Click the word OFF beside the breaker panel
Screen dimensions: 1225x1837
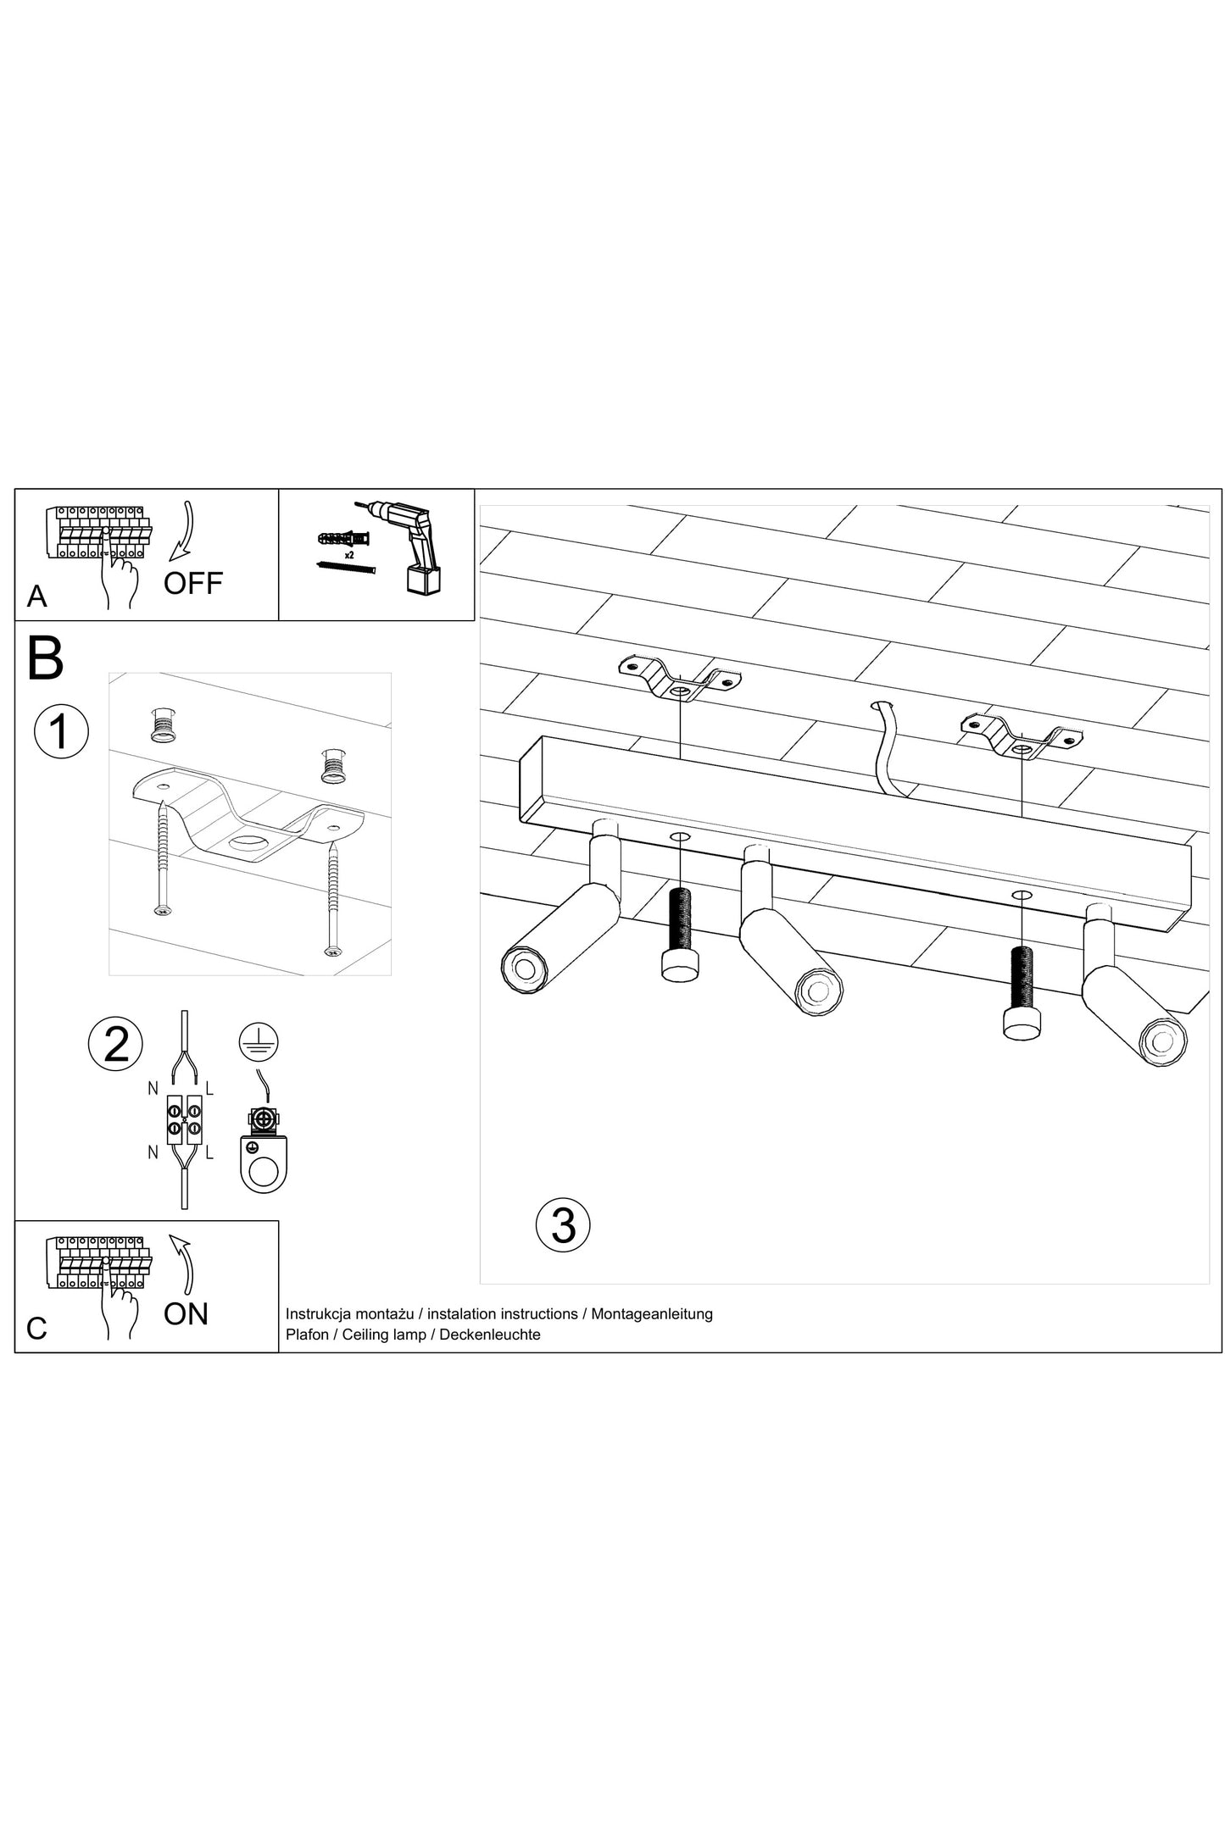click(x=193, y=583)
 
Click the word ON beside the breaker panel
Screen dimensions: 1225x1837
click(x=186, y=1314)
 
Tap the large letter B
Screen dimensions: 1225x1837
click(x=46, y=659)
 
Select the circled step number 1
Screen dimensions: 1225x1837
click(x=61, y=731)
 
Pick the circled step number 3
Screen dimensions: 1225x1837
click(x=563, y=1225)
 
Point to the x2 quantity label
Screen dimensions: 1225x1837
click(x=348, y=554)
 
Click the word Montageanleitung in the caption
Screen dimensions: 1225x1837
click(x=651, y=1314)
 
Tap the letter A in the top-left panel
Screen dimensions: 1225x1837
click(x=36, y=597)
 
